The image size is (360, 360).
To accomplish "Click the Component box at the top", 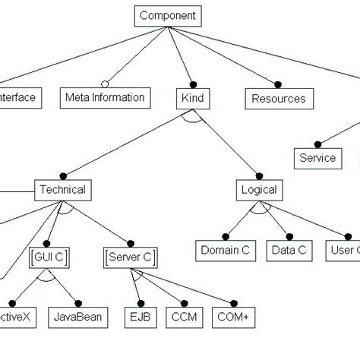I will (x=168, y=14).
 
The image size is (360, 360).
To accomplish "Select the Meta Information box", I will (x=104, y=97).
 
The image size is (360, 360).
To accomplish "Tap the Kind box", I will (x=194, y=98).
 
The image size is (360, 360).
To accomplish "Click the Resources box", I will (x=278, y=98).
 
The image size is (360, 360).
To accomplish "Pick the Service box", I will (x=317, y=158).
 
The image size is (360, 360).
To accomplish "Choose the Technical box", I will (x=62, y=189).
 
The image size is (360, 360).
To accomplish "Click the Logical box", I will (x=258, y=189).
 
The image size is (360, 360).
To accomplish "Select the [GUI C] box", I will (x=49, y=257).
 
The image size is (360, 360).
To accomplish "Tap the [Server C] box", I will (x=128, y=257).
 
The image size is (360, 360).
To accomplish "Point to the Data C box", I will (x=290, y=249).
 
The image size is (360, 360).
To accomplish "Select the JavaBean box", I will (x=78, y=317).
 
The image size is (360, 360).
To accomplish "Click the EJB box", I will (x=141, y=317).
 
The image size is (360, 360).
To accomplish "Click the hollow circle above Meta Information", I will (x=105, y=83).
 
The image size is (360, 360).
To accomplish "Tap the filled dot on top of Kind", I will (x=193, y=83).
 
